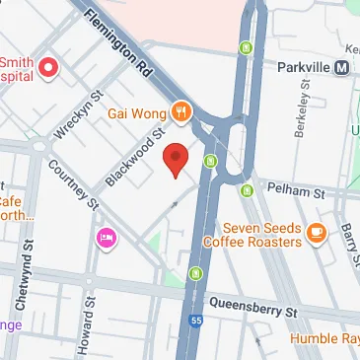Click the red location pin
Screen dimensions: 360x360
[176, 159]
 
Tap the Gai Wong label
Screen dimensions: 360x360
[137, 112]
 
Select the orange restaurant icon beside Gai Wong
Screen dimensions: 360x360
[180, 111]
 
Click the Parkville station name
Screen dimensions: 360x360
[302, 67]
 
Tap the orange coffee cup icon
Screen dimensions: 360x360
[316, 233]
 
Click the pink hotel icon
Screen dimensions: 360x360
[106, 239]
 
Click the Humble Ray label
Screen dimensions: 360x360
[324, 340]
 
